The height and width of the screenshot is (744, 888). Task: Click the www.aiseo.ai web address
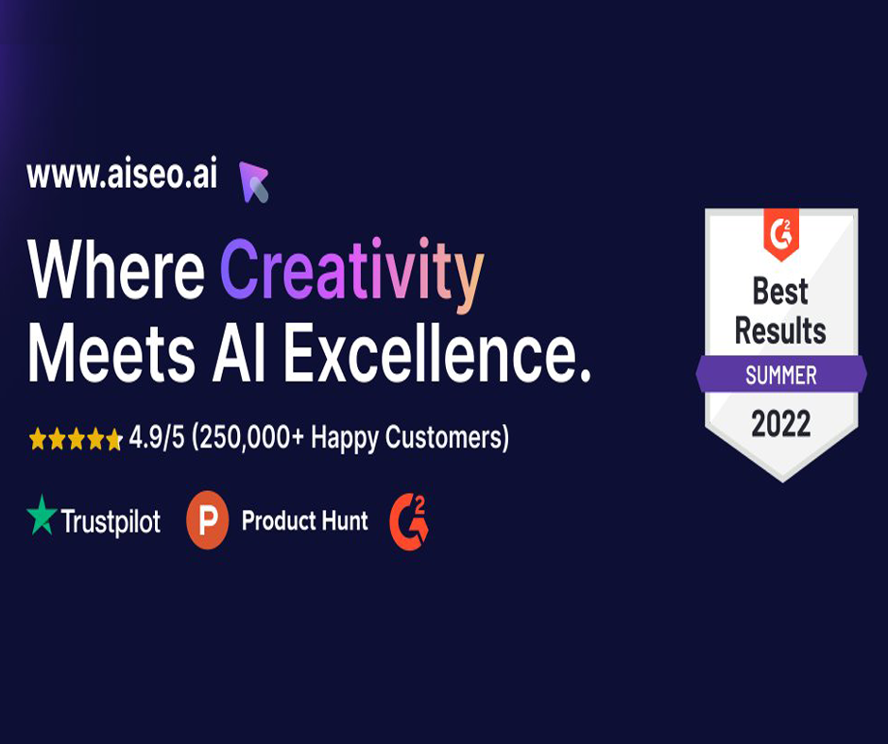(122, 176)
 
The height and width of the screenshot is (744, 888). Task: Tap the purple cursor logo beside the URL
(252, 181)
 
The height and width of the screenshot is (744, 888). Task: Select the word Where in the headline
(116, 269)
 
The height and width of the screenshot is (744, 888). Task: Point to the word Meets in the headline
(111, 352)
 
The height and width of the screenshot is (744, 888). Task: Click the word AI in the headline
(239, 352)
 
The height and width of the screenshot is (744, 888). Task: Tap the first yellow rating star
(38, 439)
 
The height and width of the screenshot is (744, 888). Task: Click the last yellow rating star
(113, 439)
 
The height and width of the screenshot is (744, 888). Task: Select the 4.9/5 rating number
(157, 438)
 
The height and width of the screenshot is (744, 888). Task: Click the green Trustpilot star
(42, 515)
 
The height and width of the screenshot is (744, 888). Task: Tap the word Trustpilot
(111, 521)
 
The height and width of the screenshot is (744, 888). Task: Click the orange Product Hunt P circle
(207, 520)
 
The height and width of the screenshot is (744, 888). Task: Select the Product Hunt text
(305, 520)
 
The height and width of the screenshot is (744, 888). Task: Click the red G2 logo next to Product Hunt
(409, 521)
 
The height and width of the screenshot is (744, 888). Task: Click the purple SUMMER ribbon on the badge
(781, 374)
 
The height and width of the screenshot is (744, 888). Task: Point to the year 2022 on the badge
(781, 424)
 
